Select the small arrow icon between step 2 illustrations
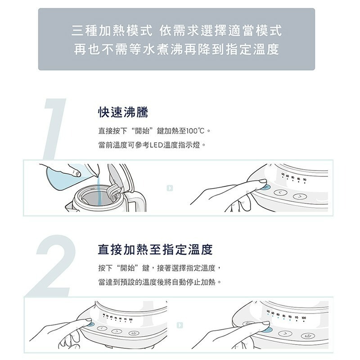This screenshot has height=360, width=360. (x=180, y=324)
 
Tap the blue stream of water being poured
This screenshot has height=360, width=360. (x=96, y=184)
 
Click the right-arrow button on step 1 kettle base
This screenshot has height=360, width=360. (x=298, y=197)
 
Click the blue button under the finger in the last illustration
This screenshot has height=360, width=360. (x=267, y=329)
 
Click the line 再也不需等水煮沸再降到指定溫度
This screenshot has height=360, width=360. (x=176, y=49)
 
